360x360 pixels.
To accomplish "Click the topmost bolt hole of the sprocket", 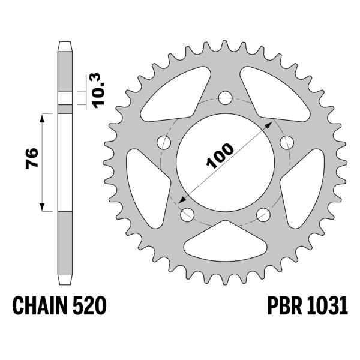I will pyautogui.click(x=225, y=97).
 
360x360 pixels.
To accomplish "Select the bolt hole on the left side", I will pyautogui.click(x=163, y=142).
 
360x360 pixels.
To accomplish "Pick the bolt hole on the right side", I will pyautogui.click(x=286, y=142).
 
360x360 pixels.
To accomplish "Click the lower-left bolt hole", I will pyautogui.click(x=187, y=214).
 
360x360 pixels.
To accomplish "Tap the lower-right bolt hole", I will pyautogui.click(x=262, y=214).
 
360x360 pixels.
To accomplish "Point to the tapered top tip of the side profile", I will pyautogui.click(x=65, y=46).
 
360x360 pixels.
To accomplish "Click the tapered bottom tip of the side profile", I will pyautogui.click(x=65, y=281).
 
